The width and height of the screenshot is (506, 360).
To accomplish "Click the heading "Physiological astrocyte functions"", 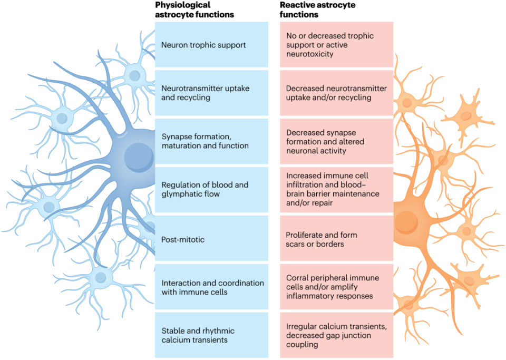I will click(194, 9).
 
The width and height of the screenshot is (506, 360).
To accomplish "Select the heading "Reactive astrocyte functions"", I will click(318, 9).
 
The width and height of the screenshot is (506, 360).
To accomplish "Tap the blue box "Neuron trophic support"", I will click(211, 45).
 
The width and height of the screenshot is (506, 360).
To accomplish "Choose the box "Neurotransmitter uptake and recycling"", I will click(211, 93).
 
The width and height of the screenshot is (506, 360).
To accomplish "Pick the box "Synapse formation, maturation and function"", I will click(211, 141).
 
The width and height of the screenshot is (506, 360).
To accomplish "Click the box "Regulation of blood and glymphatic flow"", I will click(211, 190).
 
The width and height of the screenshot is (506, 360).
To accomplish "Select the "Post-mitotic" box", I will click(211, 240).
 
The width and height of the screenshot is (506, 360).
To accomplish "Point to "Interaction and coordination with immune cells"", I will click(211, 287).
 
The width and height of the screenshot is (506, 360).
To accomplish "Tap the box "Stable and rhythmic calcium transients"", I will click(211, 335).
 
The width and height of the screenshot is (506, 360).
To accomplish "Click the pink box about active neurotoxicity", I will click(337, 45).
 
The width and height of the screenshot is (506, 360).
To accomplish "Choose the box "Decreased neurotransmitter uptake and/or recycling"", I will click(337, 93).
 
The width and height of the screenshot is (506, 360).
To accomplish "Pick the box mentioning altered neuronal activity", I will click(337, 141).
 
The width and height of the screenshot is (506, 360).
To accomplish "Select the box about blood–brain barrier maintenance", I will click(337, 190).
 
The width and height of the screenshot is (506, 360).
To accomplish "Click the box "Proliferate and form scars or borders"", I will click(337, 240).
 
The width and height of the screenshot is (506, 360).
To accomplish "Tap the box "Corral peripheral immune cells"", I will click(337, 287).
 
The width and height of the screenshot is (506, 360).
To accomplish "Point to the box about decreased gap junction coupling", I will click(337, 335).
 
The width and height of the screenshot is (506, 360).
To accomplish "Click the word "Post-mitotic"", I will click(183, 240).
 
